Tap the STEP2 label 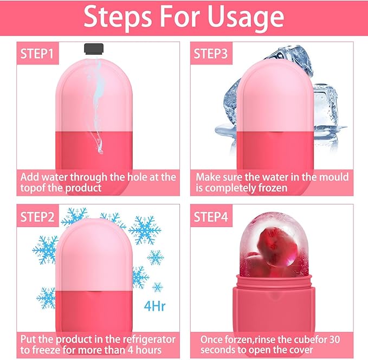click(37, 217)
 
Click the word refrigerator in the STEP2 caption click(145, 340)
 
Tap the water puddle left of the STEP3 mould click(228, 130)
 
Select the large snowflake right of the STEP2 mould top click(145, 229)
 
